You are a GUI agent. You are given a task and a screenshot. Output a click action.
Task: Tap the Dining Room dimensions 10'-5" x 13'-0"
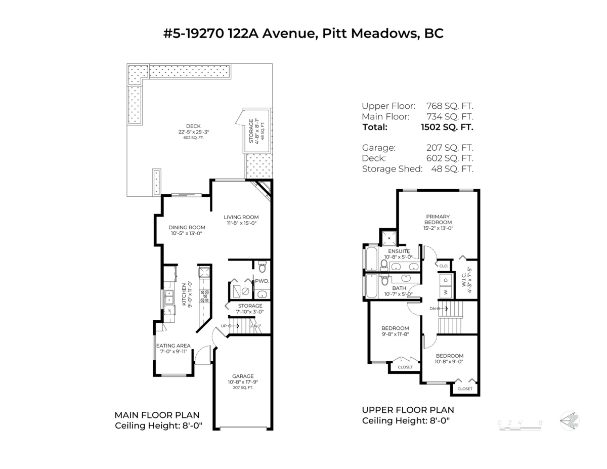tap(187, 234)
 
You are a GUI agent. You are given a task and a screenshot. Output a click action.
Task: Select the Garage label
tap(243, 376)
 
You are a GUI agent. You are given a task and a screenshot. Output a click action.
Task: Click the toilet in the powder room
tap(262, 267)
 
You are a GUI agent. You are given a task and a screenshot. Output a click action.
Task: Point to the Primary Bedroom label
tap(438, 220)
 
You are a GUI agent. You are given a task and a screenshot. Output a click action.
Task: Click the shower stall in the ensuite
tap(389, 238)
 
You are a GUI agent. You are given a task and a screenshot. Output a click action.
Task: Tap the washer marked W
tap(446, 292)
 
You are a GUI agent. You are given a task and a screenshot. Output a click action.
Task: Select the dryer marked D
tap(446, 279)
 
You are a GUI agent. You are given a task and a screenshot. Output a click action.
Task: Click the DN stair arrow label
tap(433, 308)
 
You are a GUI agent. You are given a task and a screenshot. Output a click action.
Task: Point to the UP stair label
tap(224, 326)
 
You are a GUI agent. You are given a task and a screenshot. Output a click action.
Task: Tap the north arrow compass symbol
tap(570, 420)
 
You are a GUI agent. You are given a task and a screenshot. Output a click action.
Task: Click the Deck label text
tap(193, 126)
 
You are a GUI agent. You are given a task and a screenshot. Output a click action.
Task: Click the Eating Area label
tap(174, 346)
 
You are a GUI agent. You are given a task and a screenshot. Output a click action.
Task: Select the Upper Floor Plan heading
tap(408, 410)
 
